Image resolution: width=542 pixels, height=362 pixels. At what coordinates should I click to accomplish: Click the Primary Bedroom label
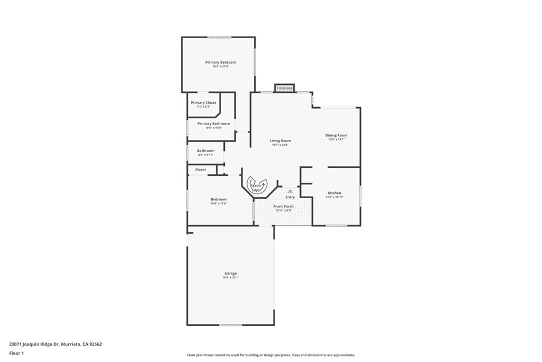point(221,63)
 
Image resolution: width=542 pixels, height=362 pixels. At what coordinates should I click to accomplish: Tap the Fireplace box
point(284,88)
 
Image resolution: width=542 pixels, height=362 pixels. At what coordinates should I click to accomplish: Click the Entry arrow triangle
point(290,191)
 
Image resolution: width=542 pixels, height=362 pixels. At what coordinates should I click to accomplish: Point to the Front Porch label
point(283,206)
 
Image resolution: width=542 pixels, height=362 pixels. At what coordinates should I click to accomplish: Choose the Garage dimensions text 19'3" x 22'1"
point(230,277)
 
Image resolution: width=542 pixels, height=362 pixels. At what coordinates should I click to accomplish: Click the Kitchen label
point(335,193)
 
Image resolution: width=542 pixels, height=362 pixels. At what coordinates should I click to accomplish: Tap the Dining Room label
point(336,135)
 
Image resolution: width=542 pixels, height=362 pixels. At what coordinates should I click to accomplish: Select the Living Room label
point(280,140)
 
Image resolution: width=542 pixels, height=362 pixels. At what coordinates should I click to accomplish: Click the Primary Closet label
point(203,103)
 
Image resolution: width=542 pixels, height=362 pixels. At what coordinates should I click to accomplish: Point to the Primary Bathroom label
point(213,123)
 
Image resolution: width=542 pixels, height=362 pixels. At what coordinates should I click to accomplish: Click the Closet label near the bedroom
point(201,170)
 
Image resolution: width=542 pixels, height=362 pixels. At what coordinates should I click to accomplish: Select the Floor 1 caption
point(17,353)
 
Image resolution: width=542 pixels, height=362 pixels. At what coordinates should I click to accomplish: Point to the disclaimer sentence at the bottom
point(271,355)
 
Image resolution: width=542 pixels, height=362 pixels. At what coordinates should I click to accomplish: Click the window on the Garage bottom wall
point(231,325)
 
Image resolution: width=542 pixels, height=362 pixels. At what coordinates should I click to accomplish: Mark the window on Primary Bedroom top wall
point(219,37)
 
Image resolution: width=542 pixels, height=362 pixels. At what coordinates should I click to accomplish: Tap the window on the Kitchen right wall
point(360,196)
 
